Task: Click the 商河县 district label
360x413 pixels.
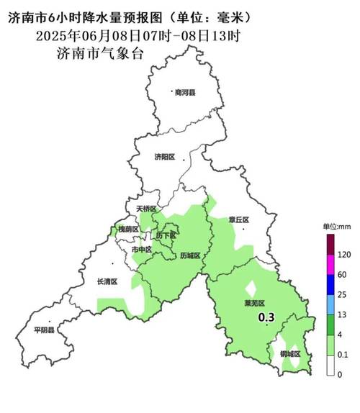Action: pos(184,92)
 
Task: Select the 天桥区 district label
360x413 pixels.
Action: pos(146,209)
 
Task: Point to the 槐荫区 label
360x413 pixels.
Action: pos(128,229)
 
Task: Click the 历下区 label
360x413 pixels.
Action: pos(166,235)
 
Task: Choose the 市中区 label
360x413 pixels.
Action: pos(141,249)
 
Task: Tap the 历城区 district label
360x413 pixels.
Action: pos(190,255)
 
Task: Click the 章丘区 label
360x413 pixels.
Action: pos(238,220)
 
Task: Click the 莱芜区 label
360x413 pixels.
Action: pos(256,304)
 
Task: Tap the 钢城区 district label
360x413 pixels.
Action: pos(289,354)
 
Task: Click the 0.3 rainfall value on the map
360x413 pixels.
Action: pos(266,317)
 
